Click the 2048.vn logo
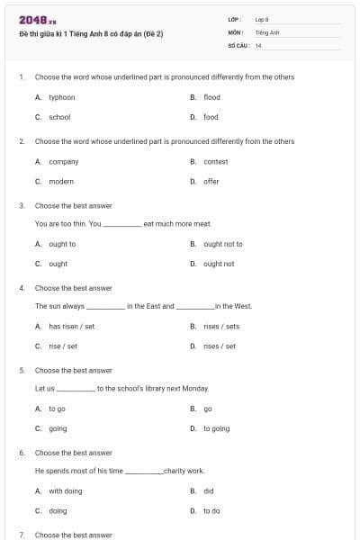[x=38, y=20]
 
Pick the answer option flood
[x=211, y=97]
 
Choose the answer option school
[x=59, y=117]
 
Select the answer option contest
[x=216, y=162]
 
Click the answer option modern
[x=61, y=182]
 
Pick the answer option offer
[x=211, y=182]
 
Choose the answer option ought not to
[x=223, y=244]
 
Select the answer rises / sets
[x=221, y=326]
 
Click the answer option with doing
[x=66, y=491]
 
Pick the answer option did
[x=209, y=491]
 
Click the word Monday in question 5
[x=195, y=389]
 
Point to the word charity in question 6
[x=174, y=471]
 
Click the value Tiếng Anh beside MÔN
[x=267, y=31]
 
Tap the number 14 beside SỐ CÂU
[x=258, y=44]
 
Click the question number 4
[x=21, y=288]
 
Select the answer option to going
[x=216, y=428]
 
